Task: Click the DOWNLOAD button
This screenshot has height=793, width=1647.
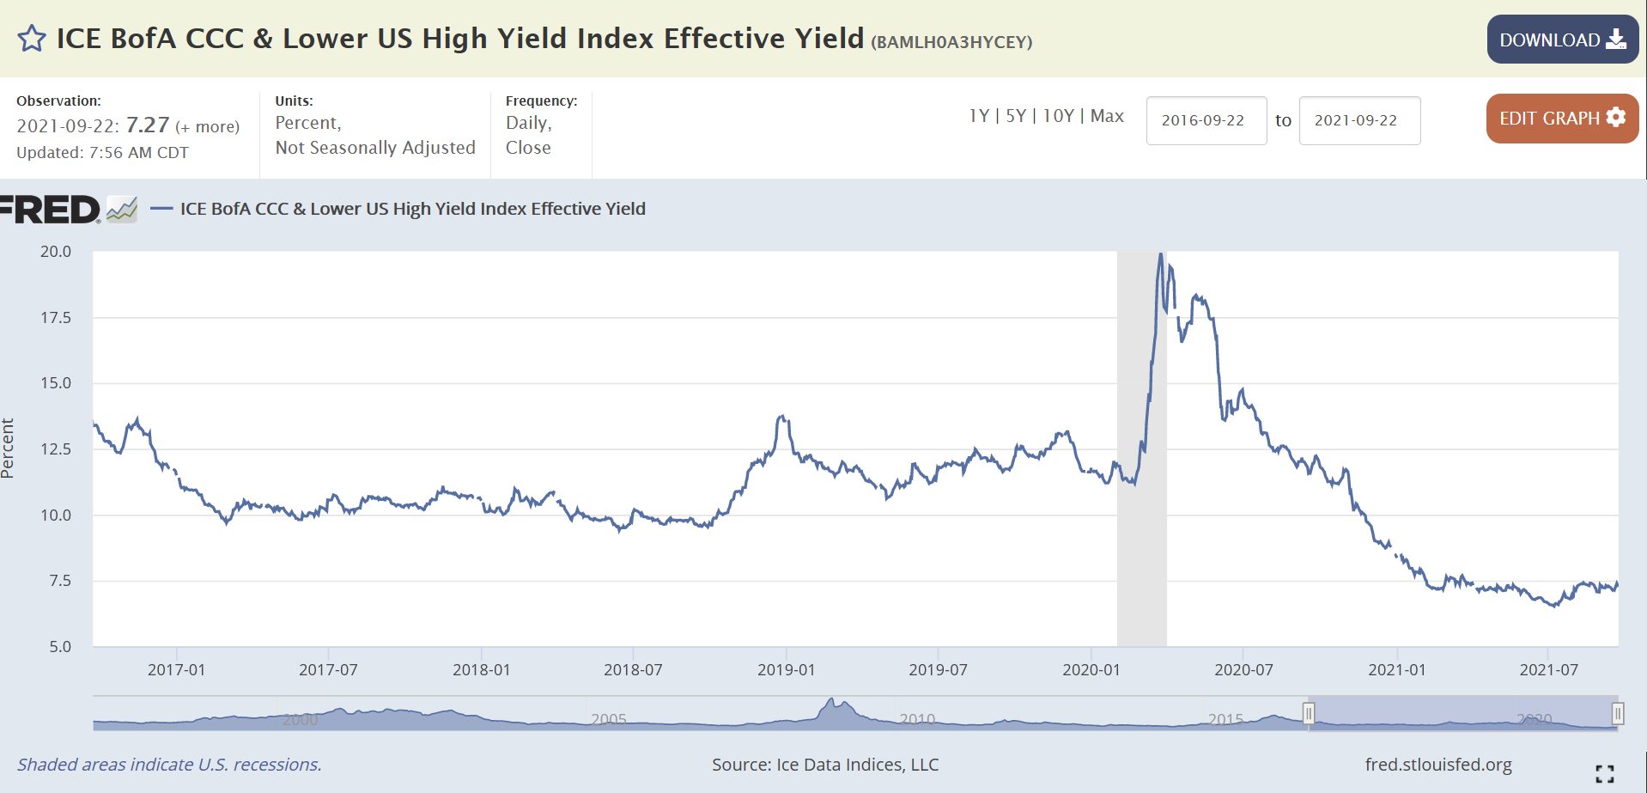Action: pyautogui.click(x=1562, y=40)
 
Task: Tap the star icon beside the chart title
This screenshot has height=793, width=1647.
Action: pyautogui.click(x=32, y=39)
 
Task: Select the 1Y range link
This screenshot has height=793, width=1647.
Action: pyautogui.click(x=979, y=116)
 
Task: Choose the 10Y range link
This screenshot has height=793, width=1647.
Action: pyautogui.click(x=1058, y=116)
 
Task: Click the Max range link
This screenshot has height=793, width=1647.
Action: pyautogui.click(x=1107, y=116)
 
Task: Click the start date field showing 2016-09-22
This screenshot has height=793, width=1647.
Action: pyautogui.click(x=1206, y=120)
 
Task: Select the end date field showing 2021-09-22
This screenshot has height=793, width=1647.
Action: pyautogui.click(x=1358, y=120)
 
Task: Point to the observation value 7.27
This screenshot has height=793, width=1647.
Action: pyautogui.click(x=148, y=125)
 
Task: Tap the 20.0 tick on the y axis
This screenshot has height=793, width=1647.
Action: pyautogui.click(x=56, y=252)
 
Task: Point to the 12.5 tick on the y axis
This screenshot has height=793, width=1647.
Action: pyautogui.click(x=56, y=449)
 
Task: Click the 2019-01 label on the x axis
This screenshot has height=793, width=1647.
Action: pyautogui.click(x=786, y=670)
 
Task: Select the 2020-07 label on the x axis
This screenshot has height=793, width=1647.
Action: pyautogui.click(x=1243, y=670)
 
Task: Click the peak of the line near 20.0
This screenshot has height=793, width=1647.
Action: pyautogui.click(x=1161, y=254)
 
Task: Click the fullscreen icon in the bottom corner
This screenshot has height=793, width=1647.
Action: pyautogui.click(x=1604, y=773)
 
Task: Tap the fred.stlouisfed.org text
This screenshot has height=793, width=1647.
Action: pyautogui.click(x=1438, y=765)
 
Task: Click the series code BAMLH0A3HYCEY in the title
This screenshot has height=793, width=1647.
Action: pyautogui.click(x=951, y=42)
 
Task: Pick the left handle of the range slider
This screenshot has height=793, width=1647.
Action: pyautogui.click(x=1309, y=713)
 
